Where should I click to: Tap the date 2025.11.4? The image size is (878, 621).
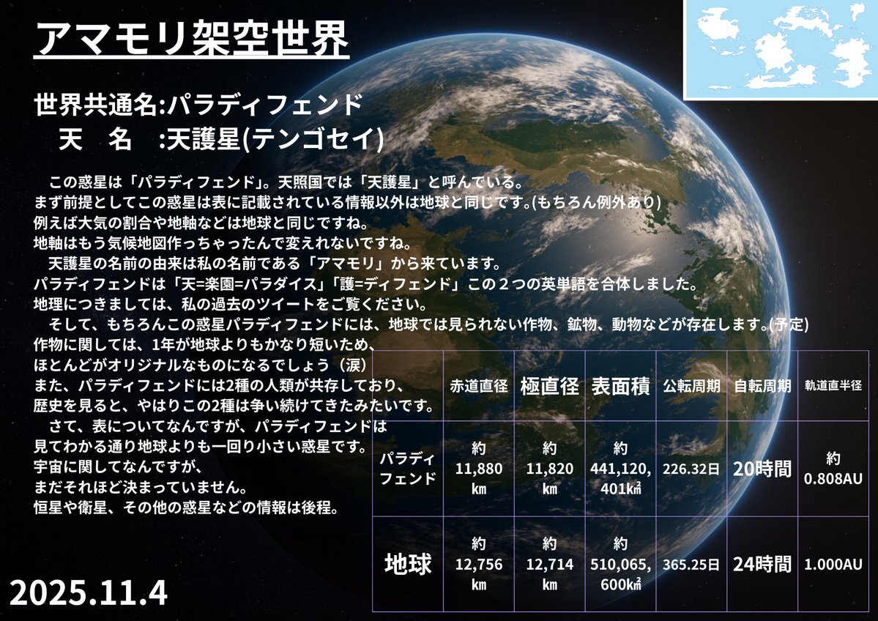coord(89,592)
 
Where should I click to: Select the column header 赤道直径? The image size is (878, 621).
coord(479,386)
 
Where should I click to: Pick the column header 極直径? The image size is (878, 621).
coord(549,386)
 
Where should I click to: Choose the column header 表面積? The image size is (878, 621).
coord(620,386)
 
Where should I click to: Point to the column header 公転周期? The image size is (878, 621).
coord(691,386)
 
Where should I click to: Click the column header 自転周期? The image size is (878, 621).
coord(762,386)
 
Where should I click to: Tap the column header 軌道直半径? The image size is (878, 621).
coord(833,385)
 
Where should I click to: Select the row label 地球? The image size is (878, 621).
coord(408,564)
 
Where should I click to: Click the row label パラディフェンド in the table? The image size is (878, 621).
coord(408,469)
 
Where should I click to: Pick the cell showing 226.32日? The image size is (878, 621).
coord(691,469)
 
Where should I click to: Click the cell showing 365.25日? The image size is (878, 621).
coord(691,564)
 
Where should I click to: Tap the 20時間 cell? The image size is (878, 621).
coord(762,469)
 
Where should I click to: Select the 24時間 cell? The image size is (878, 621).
coord(762,564)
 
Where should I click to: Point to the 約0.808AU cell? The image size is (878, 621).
coord(833,468)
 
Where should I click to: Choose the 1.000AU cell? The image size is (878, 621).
coord(833,564)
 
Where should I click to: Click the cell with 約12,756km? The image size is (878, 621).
coord(479,564)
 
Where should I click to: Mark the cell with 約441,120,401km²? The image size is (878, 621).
coord(620,469)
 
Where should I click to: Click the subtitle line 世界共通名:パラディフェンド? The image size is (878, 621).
coord(198,105)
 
